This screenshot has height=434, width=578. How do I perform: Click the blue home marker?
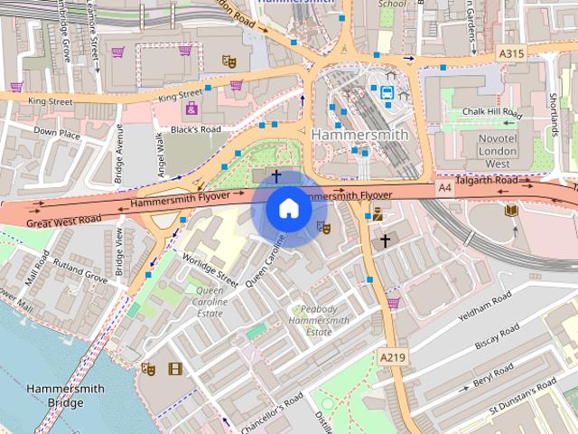click(287, 209)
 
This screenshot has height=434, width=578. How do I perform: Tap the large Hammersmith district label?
click(359, 134)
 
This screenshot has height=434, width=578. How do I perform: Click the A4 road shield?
click(443, 187)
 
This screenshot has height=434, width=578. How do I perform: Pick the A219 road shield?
click(392, 357)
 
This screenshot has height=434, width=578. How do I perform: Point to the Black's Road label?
click(196, 129)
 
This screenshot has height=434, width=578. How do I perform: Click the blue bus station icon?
click(387, 91)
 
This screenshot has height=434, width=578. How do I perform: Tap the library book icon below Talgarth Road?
click(511, 210)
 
